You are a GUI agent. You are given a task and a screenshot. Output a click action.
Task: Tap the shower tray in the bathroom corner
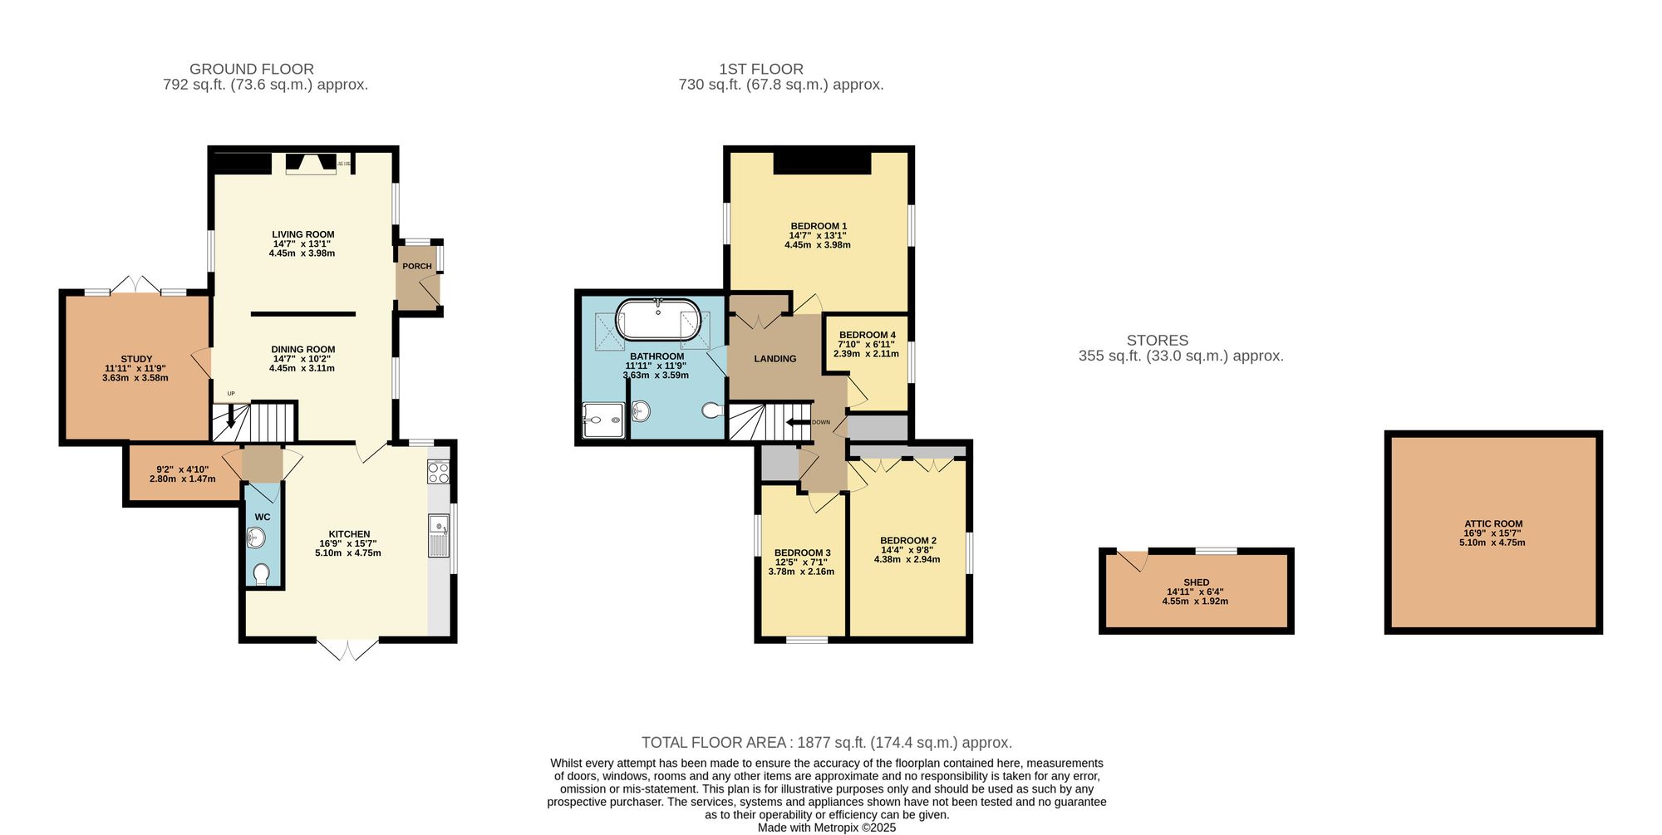point(602,420)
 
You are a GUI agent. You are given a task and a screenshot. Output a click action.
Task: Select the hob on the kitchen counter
point(438,473)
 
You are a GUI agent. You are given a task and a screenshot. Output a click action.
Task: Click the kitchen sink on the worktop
point(439,535)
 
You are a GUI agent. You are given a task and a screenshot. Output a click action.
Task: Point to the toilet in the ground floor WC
point(261,574)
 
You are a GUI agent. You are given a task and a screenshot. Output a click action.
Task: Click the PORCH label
point(416,267)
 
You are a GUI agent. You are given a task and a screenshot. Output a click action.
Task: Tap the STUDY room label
point(136,359)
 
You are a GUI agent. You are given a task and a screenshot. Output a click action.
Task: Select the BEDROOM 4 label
point(867,335)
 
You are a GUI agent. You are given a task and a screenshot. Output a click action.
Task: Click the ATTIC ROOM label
point(1492,524)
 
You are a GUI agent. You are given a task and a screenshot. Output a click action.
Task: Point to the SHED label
point(1196,582)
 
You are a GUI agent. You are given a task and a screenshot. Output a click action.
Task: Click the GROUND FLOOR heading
point(252,69)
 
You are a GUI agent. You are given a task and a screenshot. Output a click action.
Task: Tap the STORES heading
point(1157,340)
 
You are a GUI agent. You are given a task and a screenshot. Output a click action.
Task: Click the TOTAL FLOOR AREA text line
point(826,743)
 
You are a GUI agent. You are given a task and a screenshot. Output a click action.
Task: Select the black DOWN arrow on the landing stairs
point(799,422)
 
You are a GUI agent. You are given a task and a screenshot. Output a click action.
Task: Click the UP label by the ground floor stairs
point(231,394)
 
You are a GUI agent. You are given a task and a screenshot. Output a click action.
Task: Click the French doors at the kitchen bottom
point(347,649)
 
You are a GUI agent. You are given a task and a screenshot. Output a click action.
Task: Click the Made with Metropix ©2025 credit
point(826,828)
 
